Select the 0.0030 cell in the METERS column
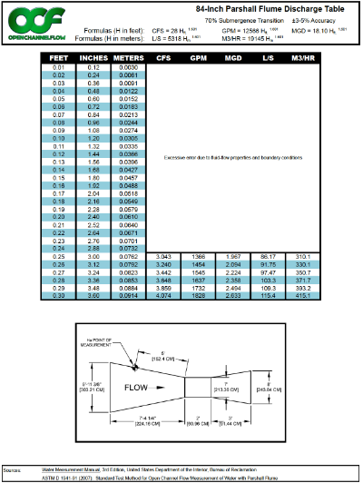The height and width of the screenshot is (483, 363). [128, 68]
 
